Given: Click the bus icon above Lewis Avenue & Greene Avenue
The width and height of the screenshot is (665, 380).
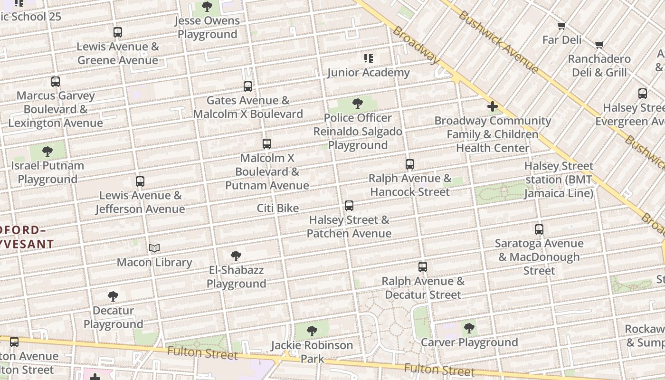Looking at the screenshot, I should [x=118, y=32].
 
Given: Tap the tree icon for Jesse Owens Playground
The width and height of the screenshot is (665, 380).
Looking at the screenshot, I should [x=207, y=7].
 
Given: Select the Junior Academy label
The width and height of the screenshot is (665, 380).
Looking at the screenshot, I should [x=368, y=73].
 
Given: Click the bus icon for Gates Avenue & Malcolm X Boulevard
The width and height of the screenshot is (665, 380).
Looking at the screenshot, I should [x=248, y=86].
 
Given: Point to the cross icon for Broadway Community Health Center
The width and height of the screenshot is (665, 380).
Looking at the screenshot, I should [x=493, y=107].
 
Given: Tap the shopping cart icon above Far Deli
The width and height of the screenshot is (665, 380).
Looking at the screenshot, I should [x=562, y=26].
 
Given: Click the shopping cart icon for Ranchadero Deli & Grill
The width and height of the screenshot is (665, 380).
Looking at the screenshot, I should [x=599, y=45].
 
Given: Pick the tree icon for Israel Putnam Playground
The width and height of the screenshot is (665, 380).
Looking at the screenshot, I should [x=47, y=152].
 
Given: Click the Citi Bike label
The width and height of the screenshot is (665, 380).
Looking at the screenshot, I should [x=278, y=208].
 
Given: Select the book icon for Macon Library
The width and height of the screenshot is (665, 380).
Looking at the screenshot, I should [x=154, y=248].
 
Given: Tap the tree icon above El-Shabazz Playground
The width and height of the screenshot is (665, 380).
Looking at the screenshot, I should [x=236, y=256].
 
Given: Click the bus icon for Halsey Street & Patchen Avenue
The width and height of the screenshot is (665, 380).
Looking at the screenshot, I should [x=349, y=206].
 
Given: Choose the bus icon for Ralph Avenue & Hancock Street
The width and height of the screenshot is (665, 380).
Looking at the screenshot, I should [x=410, y=164].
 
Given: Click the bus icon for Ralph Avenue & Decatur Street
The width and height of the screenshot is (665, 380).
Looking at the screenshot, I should [x=423, y=267].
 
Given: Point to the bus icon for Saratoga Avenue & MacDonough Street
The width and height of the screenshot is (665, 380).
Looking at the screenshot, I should [x=539, y=229].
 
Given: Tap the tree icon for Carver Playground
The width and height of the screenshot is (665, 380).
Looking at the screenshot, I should [x=469, y=328].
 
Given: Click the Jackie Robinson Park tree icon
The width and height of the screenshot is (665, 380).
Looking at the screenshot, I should [x=312, y=331].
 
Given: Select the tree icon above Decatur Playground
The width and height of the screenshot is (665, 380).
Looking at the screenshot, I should [x=113, y=296].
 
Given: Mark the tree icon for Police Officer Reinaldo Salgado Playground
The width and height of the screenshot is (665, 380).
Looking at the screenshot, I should [x=358, y=104].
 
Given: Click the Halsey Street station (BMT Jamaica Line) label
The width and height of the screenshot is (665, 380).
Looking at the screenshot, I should [x=559, y=180].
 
